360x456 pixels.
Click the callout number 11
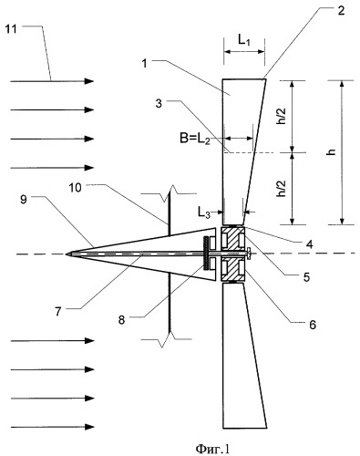click(11, 30)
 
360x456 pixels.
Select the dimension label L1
click(244, 40)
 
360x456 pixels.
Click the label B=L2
click(195, 140)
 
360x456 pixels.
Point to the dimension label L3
click(204, 212)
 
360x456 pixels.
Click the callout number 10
click(75, 188)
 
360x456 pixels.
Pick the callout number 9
click(24, 200)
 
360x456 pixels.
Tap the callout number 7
click(58, 311)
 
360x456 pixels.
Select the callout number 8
click(121, 319)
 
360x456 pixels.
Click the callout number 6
click(313, 325)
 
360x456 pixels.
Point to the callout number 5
click(306, 277)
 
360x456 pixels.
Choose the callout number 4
click(310, 244)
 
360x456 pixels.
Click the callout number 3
click(159, 103)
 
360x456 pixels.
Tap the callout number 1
click(145, 64)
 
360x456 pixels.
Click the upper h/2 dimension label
click(282, 117)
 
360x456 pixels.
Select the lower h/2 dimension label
click(282, 189)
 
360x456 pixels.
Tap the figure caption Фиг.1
click(212, 448)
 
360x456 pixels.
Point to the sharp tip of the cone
click(66, 254)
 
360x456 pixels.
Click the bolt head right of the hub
click(250, 254)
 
